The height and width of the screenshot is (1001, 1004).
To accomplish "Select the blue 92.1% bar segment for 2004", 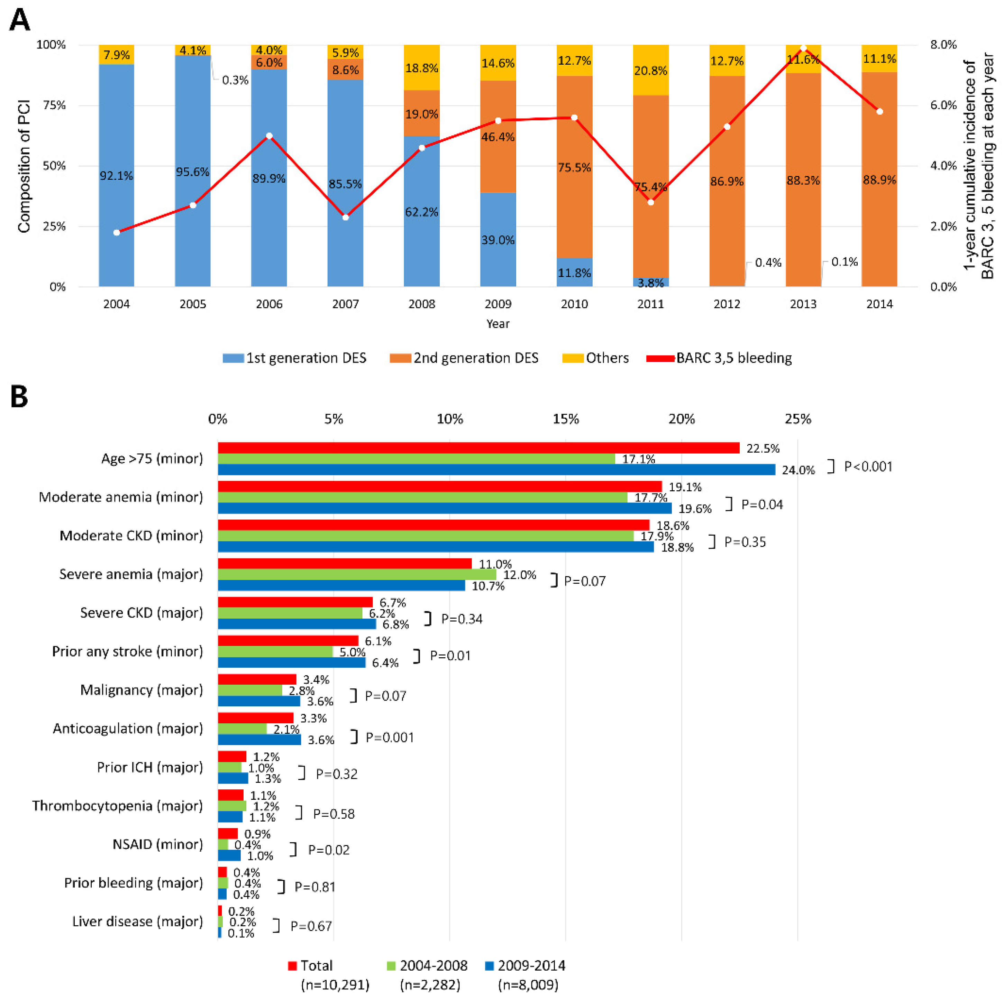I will (116, 176).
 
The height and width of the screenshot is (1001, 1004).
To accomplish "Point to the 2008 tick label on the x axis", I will (421, 304).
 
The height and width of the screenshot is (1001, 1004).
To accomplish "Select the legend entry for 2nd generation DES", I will (464, 358).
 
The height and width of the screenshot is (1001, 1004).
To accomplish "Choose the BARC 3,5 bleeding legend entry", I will (719, 358).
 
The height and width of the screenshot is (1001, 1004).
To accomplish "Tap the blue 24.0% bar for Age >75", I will (496, 470).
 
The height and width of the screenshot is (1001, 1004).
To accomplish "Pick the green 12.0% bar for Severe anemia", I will (357, 575).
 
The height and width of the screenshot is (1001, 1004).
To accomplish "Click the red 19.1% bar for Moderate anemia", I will (440, 486).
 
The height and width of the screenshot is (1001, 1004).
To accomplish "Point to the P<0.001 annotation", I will (868, 466).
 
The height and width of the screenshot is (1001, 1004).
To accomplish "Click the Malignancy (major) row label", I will (142, 690).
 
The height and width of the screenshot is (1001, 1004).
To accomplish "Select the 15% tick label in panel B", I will (565, 419).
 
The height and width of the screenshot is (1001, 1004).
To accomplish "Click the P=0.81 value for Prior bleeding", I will (315, 887).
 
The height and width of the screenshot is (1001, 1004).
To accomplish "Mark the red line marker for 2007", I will (346, 217).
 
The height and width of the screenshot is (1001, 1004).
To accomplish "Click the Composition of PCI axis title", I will (24, 166).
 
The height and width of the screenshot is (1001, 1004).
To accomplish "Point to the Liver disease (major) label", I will (137, 921).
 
